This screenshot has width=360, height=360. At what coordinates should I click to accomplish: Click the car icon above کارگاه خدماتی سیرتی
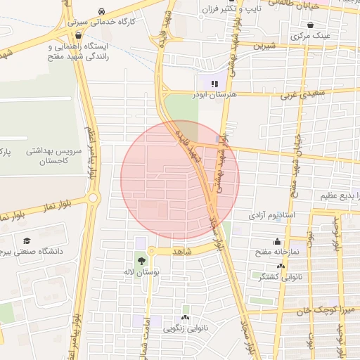103,12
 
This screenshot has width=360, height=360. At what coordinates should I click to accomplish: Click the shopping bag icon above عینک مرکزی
310,25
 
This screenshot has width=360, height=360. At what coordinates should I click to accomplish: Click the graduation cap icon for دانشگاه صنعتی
27,240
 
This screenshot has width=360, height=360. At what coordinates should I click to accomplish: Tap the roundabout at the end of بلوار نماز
93,198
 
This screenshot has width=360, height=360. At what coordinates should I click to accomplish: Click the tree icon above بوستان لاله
142,261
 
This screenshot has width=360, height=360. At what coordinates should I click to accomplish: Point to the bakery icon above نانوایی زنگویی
186,309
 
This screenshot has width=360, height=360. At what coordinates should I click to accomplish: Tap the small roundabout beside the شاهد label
152,250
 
